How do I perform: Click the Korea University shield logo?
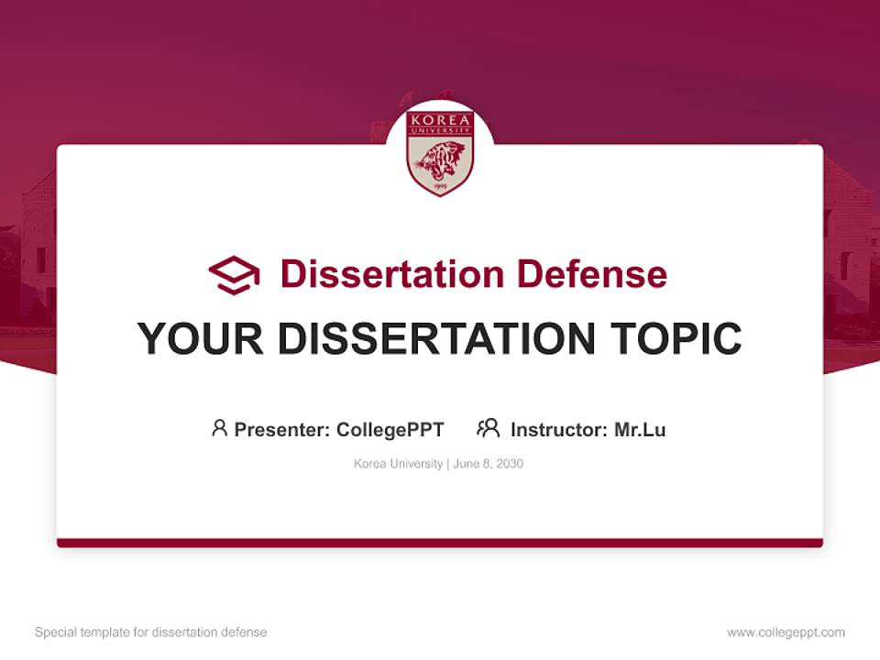pyautogui.click(x=440, y=152)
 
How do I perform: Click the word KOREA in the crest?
pyautogui.click(x=440, y=121)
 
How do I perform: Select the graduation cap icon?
pyautogui.click(x=234, y=275)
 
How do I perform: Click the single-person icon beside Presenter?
pyautogui.click(x=219, y=428)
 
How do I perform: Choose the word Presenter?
pyautogui.click(x=282, y=429)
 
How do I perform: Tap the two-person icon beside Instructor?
pyautogui.click(x=488, y=428)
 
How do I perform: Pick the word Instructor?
pyautogui.click(x=559, y=429)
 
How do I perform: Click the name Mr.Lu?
pyautogui.click(x=640, y=429)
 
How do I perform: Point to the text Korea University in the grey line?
pyautogui.click(x=398, y=464)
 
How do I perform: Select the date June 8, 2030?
pyautogui.click(x=488, y=464)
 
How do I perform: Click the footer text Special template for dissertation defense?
pyautogui.click(x=150, y=632)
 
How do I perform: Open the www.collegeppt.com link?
pyautogui.click(x=786, y=632)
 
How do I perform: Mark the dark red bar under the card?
pyautogui.click(x=440, y=543)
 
